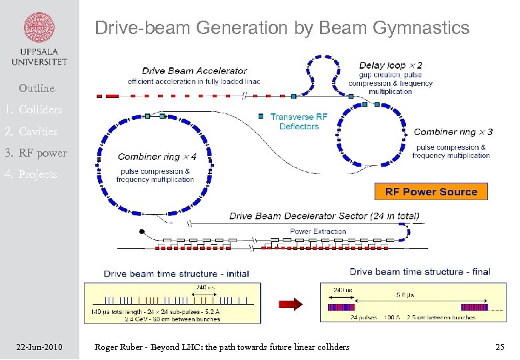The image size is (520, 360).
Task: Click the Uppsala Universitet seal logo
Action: click(x=39, y=26)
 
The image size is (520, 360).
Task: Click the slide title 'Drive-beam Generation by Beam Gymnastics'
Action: click(x=282, y=28)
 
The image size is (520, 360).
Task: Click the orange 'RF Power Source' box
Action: click(x=431, y=191)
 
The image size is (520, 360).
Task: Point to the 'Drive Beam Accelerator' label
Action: click(x=195, y=71)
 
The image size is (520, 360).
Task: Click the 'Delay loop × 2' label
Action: click(x=390, y=65)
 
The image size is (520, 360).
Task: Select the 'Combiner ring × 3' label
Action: click(x=453, y=131)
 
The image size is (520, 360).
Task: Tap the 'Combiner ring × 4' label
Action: click(x=157, y=157)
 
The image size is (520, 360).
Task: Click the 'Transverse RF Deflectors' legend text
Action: click(x=299, y=121)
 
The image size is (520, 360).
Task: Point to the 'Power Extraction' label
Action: click(x=318, y=231)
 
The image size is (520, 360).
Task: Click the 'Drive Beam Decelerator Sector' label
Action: click(x=324, y=216)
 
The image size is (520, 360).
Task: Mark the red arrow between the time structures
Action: click(x=291, y=303)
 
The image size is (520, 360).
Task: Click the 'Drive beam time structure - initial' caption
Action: click(x=176, y=273)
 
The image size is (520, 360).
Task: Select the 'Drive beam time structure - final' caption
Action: click(x=419, y=271)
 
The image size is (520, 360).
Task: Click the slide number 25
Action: click(x=500, y=347)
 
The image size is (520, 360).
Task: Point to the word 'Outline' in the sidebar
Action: click(x=37, y=88)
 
